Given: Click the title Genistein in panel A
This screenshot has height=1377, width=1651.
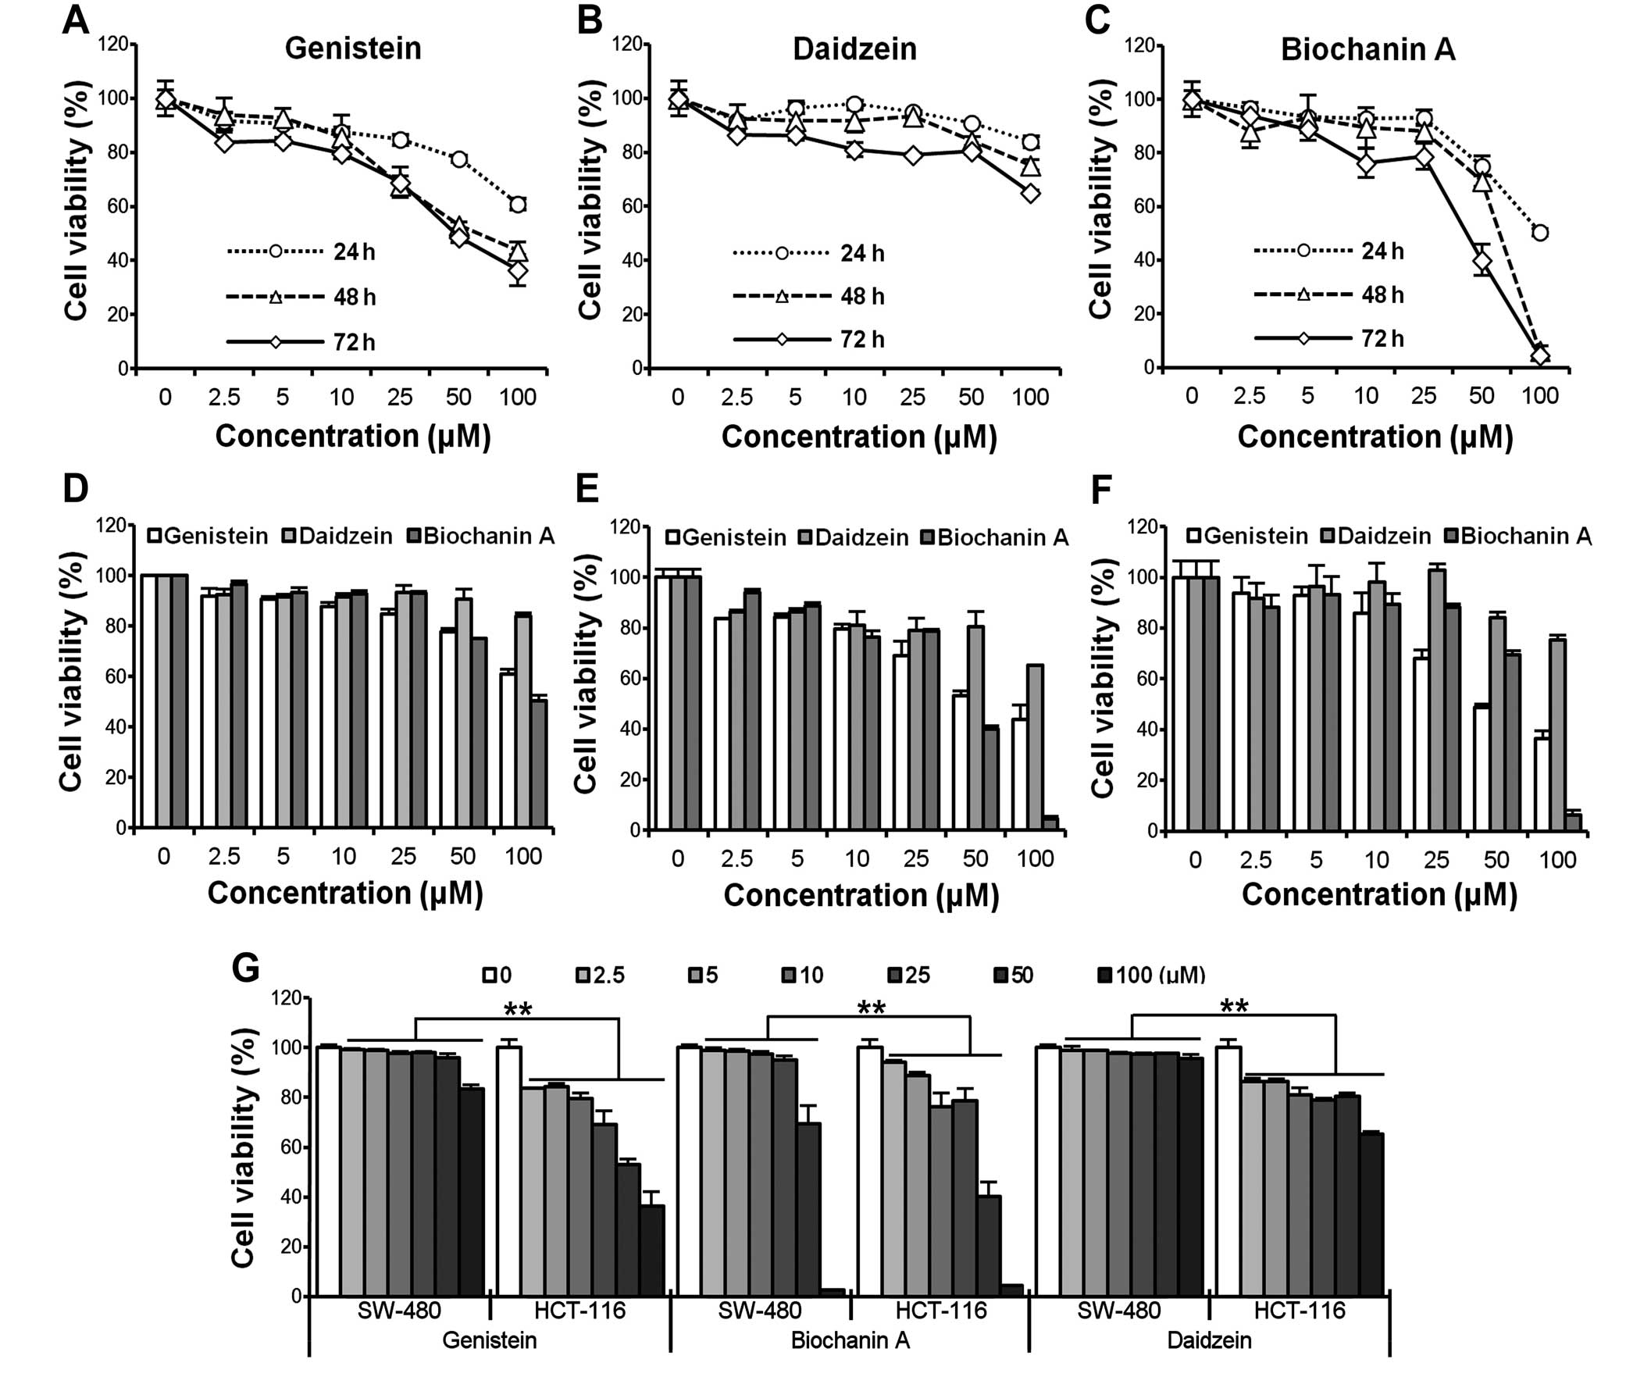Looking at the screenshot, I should point(353,48).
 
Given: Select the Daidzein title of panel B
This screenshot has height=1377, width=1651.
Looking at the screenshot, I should point(854,49).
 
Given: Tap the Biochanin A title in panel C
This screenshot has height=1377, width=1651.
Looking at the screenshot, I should point(1368,49).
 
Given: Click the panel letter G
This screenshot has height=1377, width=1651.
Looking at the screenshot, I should point(245,969).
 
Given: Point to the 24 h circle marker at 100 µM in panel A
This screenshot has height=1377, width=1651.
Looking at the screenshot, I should point(517,205).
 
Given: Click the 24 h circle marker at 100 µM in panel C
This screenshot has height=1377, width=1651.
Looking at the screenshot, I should point(1539,233).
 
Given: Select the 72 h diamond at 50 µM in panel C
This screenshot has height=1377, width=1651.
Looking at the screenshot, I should point(1482,261).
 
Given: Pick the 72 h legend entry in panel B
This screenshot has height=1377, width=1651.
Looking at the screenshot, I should point(810,340).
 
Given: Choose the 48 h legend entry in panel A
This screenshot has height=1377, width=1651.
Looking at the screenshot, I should point(302,298).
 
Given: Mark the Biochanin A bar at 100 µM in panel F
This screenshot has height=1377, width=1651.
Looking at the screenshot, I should point(1573,822).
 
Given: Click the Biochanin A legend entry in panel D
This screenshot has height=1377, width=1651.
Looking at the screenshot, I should point(481,537).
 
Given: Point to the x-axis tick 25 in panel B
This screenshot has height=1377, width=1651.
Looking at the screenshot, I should point(912,397).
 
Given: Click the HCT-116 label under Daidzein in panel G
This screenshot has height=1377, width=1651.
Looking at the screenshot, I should point(1300,1311).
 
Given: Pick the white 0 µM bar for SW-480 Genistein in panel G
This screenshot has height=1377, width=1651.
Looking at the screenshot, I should point(328,1172).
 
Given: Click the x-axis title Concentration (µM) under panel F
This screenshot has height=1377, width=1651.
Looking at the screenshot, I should point(1379,895).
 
